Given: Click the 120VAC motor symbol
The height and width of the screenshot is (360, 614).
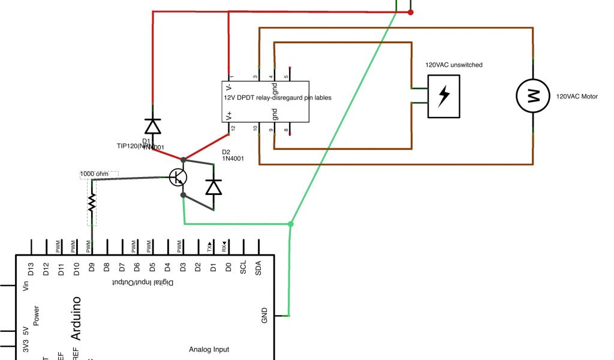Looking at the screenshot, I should (533, 96).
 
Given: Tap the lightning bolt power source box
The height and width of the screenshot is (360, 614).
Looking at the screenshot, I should (443, 96).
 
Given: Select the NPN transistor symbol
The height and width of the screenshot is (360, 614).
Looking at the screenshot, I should (178, 177).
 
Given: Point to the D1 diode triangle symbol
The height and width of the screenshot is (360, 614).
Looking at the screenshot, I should (153, 127).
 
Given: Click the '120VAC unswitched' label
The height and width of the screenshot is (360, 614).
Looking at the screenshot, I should (454, 65).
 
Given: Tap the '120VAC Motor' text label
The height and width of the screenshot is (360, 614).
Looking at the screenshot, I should (577, 96).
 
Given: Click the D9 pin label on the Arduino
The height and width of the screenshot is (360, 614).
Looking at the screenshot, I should (92, 267).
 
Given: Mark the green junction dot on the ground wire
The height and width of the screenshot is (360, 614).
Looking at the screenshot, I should (291, 224).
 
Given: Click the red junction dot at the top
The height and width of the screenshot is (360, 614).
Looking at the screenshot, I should (411, 12).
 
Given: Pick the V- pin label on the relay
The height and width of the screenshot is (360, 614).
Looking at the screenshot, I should (229, 87).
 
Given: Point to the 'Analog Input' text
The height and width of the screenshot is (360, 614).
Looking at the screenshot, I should (209, 349).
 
